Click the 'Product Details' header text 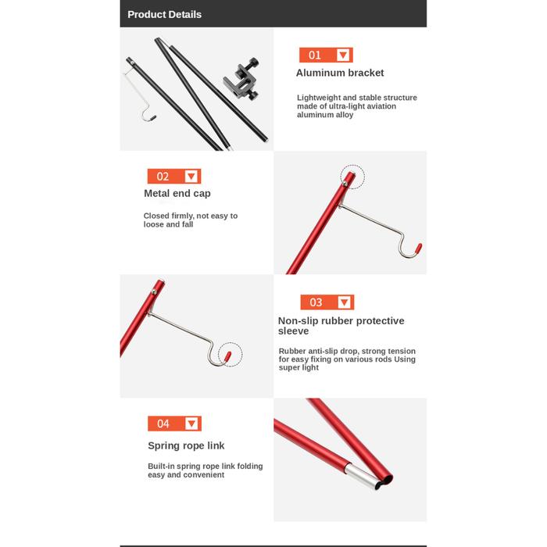164,14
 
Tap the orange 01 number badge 326,55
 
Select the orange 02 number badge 174,176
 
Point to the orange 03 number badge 327,302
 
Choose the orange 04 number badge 174,424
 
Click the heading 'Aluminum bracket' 340,73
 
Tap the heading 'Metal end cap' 177,193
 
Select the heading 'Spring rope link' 186,445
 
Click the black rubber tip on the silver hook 153,117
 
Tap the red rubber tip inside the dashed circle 227,356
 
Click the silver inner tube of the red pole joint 362,476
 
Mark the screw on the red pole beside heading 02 345,184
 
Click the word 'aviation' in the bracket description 380,106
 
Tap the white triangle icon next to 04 191,424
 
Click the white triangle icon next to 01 343,55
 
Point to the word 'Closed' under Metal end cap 156,216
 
